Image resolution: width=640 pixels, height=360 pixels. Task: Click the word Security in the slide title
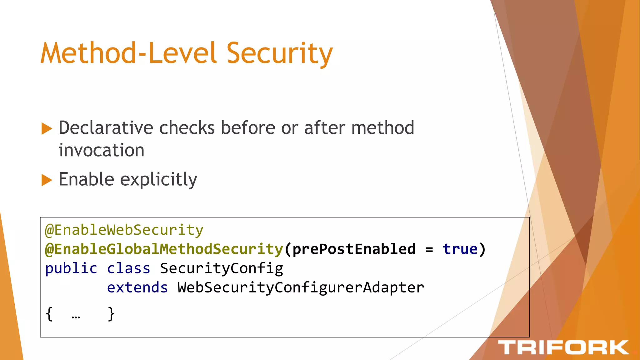click(279, 54)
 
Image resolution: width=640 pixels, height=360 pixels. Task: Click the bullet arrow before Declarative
click(47, 128)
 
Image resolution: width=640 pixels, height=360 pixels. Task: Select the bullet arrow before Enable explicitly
click(47, 180)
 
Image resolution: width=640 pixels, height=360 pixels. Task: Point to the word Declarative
click(106, 128)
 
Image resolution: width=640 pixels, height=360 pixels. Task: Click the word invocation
click(102, 150)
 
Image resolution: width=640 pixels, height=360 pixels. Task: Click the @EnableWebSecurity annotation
click(124, 230)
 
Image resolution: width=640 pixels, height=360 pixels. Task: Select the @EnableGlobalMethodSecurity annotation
click(164, 249)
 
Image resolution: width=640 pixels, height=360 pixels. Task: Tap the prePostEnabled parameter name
click(354, 249)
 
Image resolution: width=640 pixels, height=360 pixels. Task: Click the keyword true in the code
click(460, 249)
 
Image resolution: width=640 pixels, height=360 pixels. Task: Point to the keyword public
click(71, 269)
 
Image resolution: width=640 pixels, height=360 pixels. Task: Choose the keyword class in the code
click(128, 269)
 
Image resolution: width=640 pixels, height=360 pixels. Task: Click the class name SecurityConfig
click(221, 269)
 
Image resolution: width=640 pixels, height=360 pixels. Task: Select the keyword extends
click(137, 287)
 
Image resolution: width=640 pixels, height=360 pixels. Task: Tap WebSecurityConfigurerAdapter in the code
click(301, 287)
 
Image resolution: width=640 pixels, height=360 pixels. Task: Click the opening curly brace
click(49, 314)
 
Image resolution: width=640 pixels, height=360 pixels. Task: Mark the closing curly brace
click(111, 314)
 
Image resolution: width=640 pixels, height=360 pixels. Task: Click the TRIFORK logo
click(563, 347)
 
